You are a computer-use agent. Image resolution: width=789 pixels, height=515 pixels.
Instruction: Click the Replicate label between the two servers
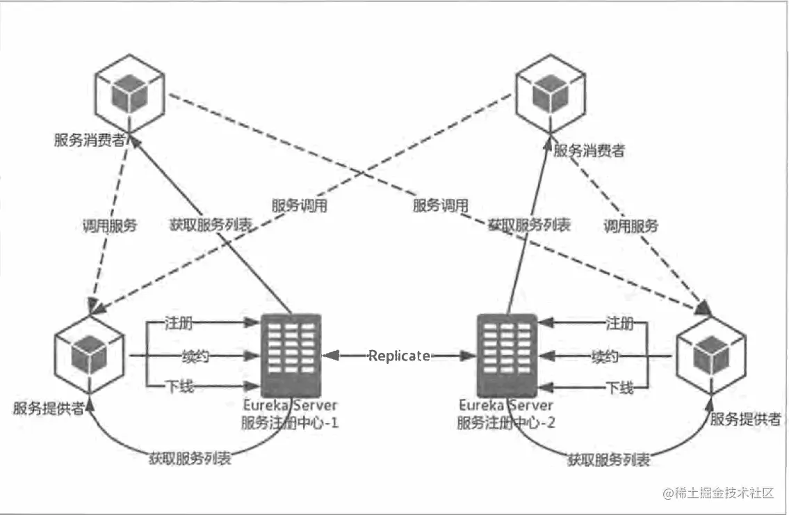coord(399,356)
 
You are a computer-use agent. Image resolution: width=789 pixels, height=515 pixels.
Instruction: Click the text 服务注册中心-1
coord(290,422)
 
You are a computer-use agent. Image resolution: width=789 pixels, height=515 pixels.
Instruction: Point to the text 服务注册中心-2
coord(505,422)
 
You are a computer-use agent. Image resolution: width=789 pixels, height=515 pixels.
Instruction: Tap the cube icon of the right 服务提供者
coord(710,351)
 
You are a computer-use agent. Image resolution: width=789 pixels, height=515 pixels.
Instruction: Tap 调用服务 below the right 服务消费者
coord(631,225)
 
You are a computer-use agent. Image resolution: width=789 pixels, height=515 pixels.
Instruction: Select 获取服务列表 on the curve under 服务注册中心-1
coord(190,459)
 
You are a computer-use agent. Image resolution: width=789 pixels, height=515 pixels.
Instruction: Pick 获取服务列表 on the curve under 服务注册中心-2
coord(610,460)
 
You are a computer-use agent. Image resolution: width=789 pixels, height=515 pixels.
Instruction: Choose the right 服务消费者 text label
coord(588,150)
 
